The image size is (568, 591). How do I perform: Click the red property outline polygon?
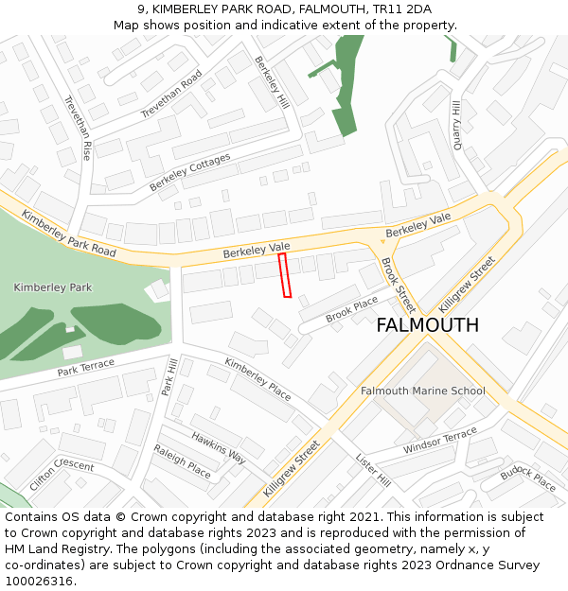click(x=284, y=275)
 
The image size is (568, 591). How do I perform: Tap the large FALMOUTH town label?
click(x=427, y=325)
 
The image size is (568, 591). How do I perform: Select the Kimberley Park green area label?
click(x=53, y=287)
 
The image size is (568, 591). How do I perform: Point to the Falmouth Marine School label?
click(x=422, y=391)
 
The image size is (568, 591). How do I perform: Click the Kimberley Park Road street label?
click(x=68, y=234)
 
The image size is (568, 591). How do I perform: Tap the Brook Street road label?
click(x=398, y=285)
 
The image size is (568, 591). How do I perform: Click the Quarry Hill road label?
click(x=458, y=125)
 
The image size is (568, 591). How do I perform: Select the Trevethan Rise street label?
click(x=77, y=128)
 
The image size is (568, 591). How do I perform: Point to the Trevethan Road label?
click(x=171, y=95)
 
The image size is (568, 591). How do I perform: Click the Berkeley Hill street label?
click(x=271, y=81)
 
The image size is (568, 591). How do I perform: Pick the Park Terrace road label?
click(x=85, y=367)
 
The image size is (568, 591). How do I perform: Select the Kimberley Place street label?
click(x=257, y=378)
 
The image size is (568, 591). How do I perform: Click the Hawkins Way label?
click(x=218, y=446)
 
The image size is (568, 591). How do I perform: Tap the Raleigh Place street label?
click(x=182, y=461)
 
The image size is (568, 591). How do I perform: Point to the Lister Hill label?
click(x=372, y=469)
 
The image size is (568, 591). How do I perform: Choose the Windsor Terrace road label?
click(x=440, y=441)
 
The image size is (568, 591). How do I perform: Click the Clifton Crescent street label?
click(x=62, y=473)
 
